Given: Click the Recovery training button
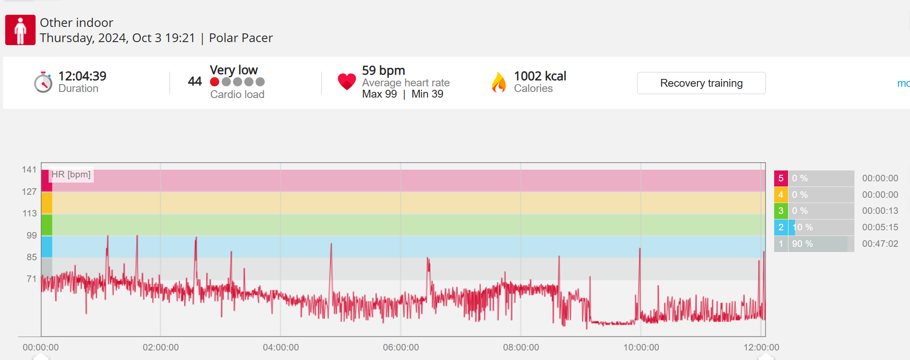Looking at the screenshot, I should (701, 83).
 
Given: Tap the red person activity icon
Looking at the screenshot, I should (20, 30).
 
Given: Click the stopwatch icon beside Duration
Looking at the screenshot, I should (43, 82).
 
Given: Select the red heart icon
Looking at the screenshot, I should (347, 82).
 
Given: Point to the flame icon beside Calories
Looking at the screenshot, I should (499, 82).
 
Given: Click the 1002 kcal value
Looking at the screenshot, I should (540, 76).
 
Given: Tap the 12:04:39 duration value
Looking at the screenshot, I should (82, 76).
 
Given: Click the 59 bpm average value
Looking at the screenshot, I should (383, 70).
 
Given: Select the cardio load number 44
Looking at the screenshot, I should (195, 81).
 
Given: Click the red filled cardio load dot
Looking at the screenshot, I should (214, 82).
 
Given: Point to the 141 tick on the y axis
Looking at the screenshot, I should (29, 170).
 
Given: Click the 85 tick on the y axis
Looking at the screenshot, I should (31, 257).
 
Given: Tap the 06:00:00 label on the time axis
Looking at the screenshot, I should (401, 347).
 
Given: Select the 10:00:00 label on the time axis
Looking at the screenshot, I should (641, 347).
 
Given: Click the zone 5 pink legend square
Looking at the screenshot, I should (781, 178).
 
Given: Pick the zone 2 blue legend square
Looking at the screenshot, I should (781, 227).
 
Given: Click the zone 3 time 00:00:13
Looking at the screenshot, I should (880, 211).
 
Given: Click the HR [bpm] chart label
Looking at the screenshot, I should (71, 174).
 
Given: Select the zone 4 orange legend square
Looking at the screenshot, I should (781, 195).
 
